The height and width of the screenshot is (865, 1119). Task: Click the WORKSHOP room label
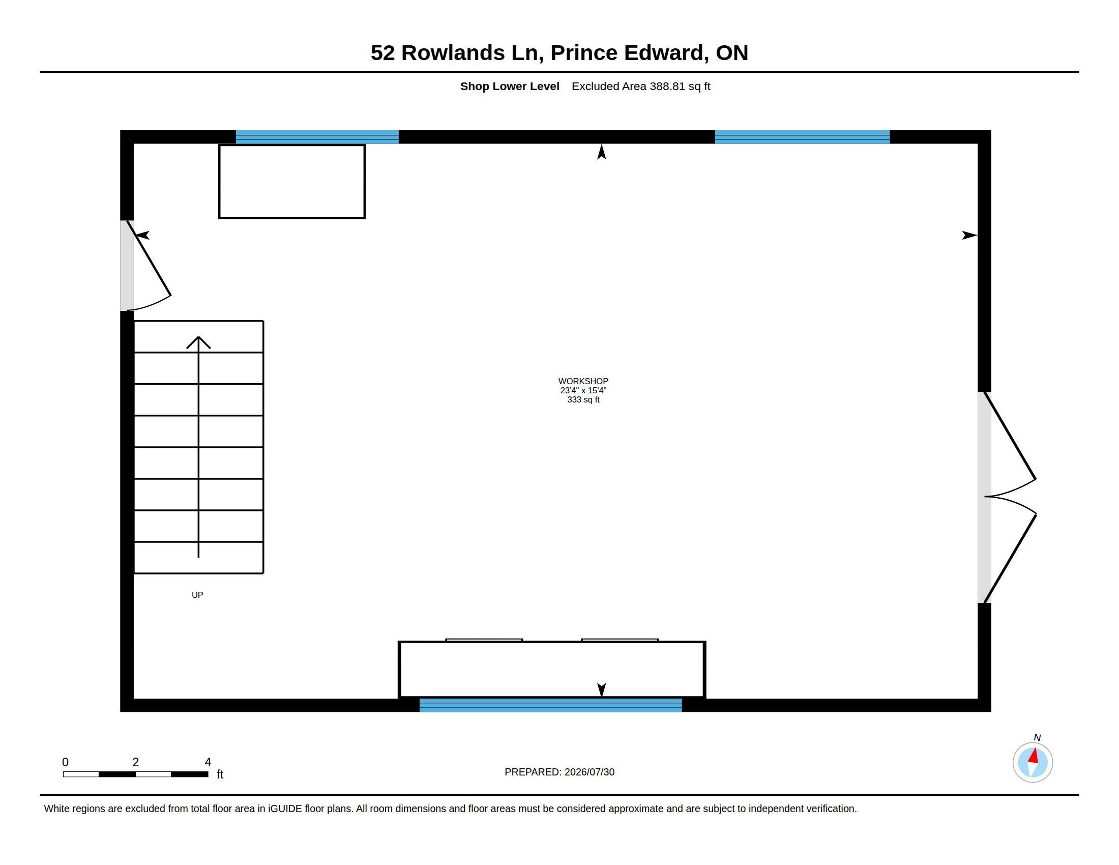click(x=583, y=381)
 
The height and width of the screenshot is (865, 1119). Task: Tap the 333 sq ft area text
click(x=583, y=400)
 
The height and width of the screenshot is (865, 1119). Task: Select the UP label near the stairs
click(x=197, y=595)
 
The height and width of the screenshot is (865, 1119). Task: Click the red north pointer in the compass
click(x=1034, y=756)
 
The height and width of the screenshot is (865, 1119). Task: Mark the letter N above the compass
click(x=1037, y=737)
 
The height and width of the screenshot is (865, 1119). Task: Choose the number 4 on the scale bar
click(x=208, y=762)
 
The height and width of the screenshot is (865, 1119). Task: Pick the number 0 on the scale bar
click(x=65, y=762)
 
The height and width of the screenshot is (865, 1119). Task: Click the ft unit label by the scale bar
click(x=220, y=774)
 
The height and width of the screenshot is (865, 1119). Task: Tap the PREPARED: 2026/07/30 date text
click(x=559, y=772)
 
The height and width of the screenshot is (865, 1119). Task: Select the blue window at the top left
click(x=317, y=137)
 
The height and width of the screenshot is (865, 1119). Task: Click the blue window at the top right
click(x=802, y=137)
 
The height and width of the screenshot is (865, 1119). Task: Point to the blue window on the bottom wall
click(x=551, y=705)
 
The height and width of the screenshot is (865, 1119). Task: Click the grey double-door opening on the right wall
click(x=984, y=498)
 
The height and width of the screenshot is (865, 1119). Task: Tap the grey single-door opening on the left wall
click(x=127, y=266)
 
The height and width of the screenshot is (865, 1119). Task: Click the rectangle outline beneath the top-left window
click(x=292, y=146)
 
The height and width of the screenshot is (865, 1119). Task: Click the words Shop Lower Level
click(x=509, y=86)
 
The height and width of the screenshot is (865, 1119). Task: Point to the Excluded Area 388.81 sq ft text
click(x=641, y=86)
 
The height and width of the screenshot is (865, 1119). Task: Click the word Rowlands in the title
click(x=453, y=53)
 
